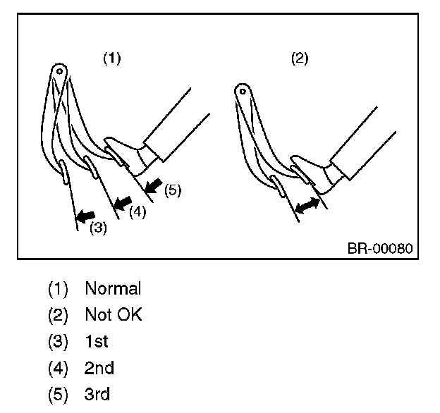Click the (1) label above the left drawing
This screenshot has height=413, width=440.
click(112, 59)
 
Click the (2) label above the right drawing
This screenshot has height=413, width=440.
click(300, 59)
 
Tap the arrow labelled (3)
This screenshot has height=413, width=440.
click(86, 214)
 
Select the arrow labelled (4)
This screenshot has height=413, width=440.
click(123, 202)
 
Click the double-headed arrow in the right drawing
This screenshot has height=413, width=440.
click(308, 207)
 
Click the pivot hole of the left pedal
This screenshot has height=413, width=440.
click(61, 70)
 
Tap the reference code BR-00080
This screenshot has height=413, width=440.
click(379, 249)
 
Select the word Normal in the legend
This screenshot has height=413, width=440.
click(113, 288)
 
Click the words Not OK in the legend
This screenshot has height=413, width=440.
click(113, 315)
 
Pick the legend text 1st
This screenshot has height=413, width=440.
click(97, 342)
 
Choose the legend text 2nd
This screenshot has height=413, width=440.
click(99, 368)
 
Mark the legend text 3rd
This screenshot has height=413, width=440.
click(97, 394)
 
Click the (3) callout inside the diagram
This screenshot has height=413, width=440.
click(99, 228)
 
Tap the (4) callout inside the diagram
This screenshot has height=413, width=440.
click(137, 211)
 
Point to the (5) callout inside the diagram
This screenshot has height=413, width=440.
click(173, 190)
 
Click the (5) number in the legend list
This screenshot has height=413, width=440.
click(58, 394)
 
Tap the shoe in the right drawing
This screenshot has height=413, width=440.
click(310, 173)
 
